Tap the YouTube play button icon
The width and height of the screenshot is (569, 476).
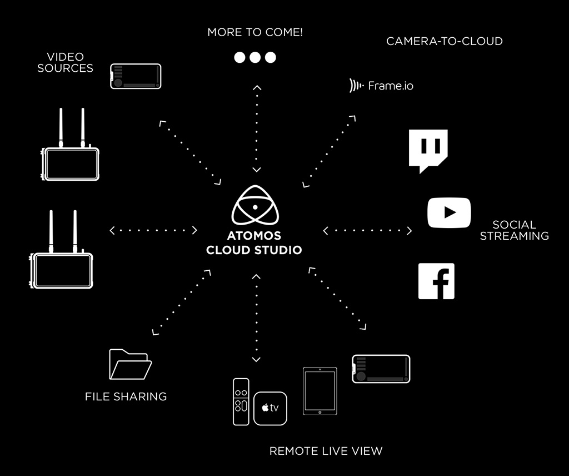(x=449, y=213)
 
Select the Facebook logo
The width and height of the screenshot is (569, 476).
(x=436, y=281)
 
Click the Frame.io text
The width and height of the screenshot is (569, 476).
(x=391, y=86)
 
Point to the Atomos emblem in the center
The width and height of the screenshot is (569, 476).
(x=255, y=205)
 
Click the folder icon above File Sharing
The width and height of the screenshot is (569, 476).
(x=130, y=364)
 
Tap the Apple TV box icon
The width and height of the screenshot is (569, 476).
(x=271, y=409)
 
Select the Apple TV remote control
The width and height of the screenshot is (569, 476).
(x=241, y=401)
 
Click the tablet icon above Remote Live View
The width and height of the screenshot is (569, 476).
(x=320, y=391)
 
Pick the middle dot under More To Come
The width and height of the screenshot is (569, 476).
(x=255, y=57)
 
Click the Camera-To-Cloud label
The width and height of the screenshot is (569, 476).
(x=444, y=41)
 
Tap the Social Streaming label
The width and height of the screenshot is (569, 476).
(x=514, y=230)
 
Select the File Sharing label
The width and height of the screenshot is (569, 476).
(x=126, y=396)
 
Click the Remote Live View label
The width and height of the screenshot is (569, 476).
(x=326, y=451)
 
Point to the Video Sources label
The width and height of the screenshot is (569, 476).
(x=66, y=62)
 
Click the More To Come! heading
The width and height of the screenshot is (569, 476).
(x=255, y=32)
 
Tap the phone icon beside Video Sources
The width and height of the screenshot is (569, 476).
(x=136, y=76)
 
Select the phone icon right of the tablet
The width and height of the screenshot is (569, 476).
(x=381, y=369)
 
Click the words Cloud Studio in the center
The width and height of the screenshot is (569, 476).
(x=254, y=250)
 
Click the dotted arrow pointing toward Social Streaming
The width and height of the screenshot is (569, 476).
(x=367, y=231)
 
